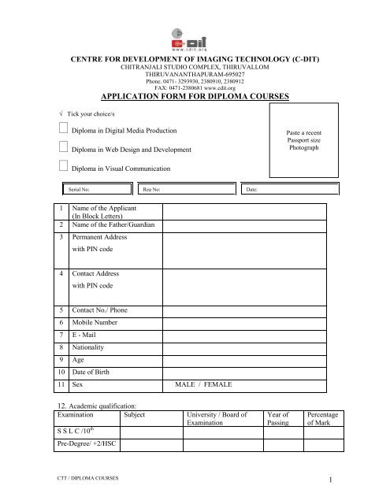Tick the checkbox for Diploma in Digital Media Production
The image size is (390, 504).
(x=64, y=128)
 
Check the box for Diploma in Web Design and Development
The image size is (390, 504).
(x=64, y=148)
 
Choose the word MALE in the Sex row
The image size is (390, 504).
(x=188, y=384)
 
